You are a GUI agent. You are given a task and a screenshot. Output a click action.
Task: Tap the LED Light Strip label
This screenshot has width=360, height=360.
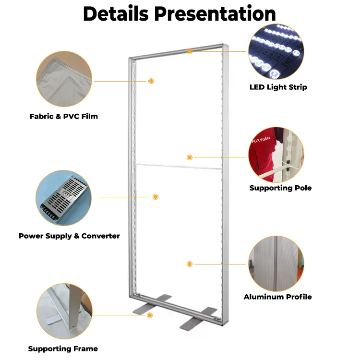tap(278, 87)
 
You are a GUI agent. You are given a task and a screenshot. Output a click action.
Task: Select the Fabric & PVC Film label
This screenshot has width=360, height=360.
tap(64, 116)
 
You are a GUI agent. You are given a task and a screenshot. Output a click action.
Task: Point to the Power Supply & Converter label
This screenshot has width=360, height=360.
tap(69, 236)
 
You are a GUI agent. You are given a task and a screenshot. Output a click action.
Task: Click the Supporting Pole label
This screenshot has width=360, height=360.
tap(280, 188)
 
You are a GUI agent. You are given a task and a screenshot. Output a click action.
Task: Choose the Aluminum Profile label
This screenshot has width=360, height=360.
tap(277, 297)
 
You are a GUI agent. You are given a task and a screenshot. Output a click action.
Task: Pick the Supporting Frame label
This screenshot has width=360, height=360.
tap(63, 348)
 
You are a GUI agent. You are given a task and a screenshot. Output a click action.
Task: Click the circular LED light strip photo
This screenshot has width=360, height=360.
tap(276, 52)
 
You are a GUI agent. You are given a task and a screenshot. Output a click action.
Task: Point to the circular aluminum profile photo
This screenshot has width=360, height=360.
tap(276, 264)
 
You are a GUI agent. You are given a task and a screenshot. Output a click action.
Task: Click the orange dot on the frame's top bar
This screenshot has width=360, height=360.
tap(190, 51)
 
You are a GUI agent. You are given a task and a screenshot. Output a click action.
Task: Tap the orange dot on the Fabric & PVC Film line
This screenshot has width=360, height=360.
tap(151, 81)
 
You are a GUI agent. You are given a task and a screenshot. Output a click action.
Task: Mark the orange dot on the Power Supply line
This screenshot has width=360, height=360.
tap(155, 197)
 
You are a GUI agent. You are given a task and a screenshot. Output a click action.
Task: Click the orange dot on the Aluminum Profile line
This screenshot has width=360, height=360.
tap(190, 264)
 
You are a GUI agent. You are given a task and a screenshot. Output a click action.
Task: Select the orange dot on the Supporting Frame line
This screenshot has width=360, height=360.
tap(150, 315)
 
